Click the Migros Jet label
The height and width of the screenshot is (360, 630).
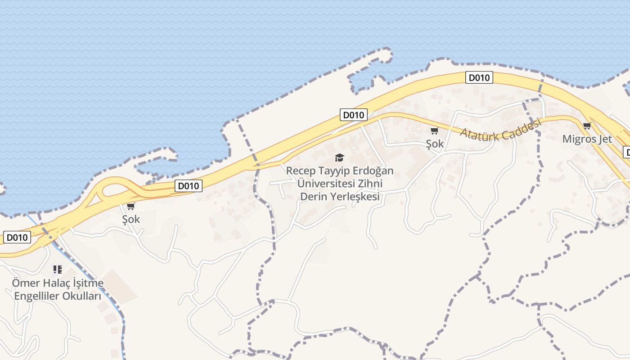587,139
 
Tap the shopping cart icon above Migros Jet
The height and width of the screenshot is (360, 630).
587,126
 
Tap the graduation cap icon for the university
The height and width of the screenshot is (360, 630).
339,157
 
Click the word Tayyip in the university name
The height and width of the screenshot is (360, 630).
334,171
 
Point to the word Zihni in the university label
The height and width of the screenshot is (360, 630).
369,184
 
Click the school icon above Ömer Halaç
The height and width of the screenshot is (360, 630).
57,270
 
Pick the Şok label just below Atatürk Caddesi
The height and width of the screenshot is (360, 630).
435,144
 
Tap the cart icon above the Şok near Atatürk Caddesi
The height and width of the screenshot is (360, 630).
434,131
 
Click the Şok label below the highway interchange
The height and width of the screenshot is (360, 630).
131,220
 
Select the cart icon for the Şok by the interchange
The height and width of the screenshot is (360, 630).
131,206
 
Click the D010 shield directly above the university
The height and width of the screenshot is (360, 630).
353,115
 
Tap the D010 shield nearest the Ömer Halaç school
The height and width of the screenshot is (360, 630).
17,237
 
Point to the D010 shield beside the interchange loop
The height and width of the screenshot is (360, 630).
189,185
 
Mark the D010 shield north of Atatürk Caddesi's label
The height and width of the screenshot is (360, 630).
479,78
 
